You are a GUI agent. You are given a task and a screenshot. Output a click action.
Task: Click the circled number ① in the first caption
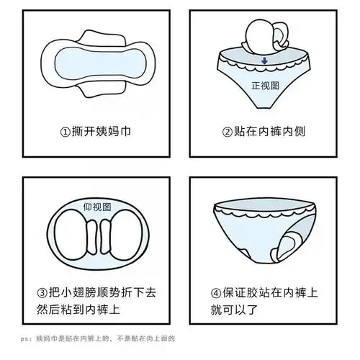[x=66, y=132]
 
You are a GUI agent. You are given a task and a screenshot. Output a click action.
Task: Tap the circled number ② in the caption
[x=228, y=132]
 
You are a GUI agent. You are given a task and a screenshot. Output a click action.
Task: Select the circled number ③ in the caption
[x=43, y=293]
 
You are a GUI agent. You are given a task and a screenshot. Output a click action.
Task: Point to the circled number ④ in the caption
[x=215, y=293]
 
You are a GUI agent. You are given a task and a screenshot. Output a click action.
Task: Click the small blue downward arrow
[x=265, y=61]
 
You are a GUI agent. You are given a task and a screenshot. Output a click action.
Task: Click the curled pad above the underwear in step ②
[x=261, y=38]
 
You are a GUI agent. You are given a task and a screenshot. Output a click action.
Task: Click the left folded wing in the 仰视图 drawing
[x=89, y=237]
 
